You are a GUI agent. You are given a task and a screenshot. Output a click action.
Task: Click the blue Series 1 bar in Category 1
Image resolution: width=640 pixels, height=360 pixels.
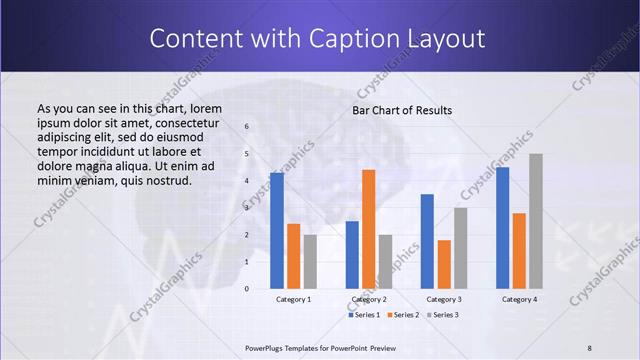[x=276, y=231]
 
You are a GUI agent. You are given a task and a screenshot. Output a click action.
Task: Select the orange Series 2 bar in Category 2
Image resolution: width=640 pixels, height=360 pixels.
[x=369, y=229]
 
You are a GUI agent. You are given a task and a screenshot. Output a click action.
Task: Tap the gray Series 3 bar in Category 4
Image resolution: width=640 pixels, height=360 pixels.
[x=536, y=221]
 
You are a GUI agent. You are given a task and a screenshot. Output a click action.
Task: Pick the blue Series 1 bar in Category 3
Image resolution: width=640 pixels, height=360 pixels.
[x=427, y=241]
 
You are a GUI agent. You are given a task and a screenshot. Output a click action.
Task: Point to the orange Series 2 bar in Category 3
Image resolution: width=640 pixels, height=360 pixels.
[x=444, y=264]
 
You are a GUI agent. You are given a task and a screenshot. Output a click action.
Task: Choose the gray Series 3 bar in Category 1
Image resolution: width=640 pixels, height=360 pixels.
[x=310, y=261]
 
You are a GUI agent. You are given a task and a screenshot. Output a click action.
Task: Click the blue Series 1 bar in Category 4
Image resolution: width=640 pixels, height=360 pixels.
[x=502, y=228]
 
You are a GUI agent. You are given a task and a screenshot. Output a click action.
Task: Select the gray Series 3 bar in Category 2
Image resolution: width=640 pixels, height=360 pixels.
[x=386, y=261]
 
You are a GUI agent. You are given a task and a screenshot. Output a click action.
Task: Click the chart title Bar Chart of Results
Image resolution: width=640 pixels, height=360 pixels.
[x=402, y=110]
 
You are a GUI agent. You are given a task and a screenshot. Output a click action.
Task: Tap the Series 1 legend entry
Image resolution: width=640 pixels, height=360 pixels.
[x=365, y=315]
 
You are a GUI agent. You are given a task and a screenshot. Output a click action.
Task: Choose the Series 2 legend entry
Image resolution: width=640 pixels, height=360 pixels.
[x=403, y=315]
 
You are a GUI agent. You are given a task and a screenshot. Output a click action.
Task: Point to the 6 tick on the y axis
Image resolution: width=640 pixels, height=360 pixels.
[x=247, y=127]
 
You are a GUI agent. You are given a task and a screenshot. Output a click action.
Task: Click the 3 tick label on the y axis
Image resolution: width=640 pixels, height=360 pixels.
[x=247, y=208]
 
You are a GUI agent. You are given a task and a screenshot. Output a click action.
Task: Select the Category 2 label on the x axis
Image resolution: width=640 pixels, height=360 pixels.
[x=369, y=299]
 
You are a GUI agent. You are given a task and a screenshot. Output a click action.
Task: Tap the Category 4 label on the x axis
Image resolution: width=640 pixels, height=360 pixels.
[x=519, y=299]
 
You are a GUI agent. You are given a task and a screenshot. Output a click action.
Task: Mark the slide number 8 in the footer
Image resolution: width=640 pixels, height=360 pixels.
[x=590, y=348]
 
